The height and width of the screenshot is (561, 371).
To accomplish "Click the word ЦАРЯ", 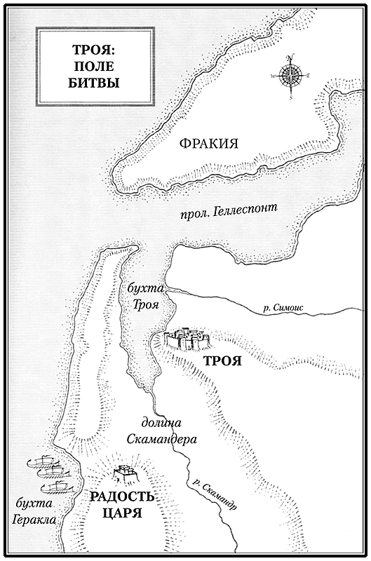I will coord(119,513).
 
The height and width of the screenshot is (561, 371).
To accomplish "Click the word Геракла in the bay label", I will coord(34,520).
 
